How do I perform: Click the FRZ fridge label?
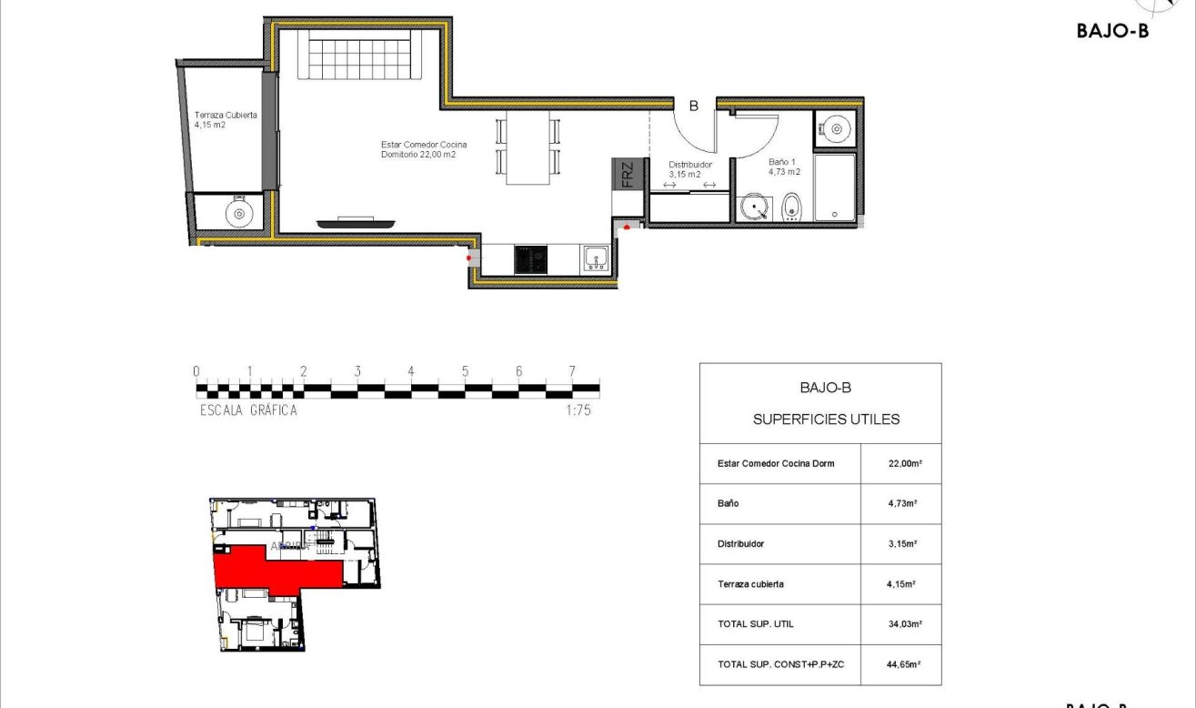tap(628, 175)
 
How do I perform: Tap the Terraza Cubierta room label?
tap(225, 120)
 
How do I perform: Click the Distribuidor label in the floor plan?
tap(690, 169)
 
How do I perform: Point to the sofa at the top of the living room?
tap(362, 54)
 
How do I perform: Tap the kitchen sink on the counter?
tap(596, 259)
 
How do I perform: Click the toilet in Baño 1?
tap(791, 208)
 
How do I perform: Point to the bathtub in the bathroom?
tap(835, 188)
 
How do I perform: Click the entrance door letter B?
tap(693, 106)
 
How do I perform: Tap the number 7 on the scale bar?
tap(572, 371)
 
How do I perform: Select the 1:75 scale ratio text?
tap(578, 410)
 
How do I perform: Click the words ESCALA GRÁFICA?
tap(248, 410)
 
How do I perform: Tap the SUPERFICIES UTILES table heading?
tap(826, 420)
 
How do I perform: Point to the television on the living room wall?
tap(357, 221)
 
